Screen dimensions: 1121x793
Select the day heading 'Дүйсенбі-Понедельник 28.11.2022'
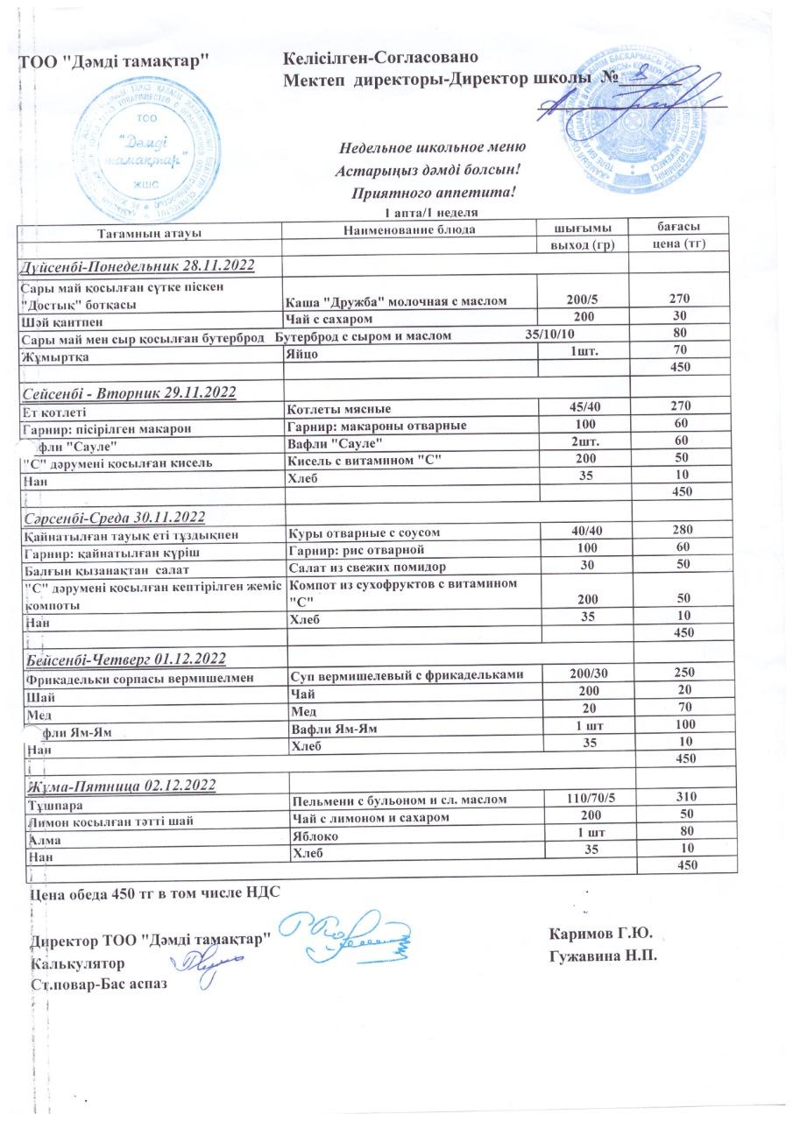137,264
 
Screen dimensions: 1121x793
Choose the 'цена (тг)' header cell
675,243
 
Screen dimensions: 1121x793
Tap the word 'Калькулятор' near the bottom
76,963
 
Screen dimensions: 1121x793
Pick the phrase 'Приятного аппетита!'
433,191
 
